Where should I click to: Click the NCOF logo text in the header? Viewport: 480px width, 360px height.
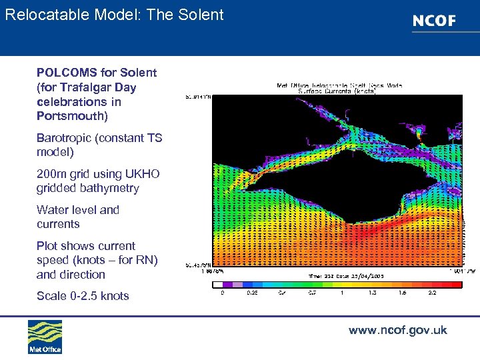click(434, 21)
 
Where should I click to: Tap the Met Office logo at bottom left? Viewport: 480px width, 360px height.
click(45, 337)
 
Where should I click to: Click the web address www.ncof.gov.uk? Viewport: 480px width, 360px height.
click(397, 331)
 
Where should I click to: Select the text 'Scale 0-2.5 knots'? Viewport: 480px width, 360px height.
click(83, 295)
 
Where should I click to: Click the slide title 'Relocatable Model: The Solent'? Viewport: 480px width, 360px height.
click(114, 15)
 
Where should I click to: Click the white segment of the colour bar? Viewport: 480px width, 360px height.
click(219, 284)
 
